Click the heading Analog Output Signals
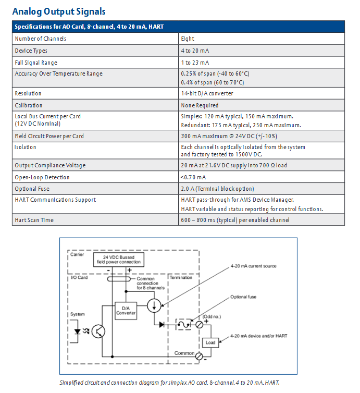click(58, 11)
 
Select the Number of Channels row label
click(41, 39)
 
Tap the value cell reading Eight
click(188, 39)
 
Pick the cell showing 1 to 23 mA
click(195, 63)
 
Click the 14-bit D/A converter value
click(207, 93)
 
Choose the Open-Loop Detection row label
click(42, 177)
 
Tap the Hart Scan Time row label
click(34, 220)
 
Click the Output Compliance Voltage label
click(50, 165)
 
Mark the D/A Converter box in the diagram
click(126, 311)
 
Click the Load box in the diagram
click(210, 342)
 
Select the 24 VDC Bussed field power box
click(118, 260)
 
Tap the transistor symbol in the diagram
click(98, 331)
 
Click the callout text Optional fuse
click(243, 297)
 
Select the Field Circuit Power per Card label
click(49, 136)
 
